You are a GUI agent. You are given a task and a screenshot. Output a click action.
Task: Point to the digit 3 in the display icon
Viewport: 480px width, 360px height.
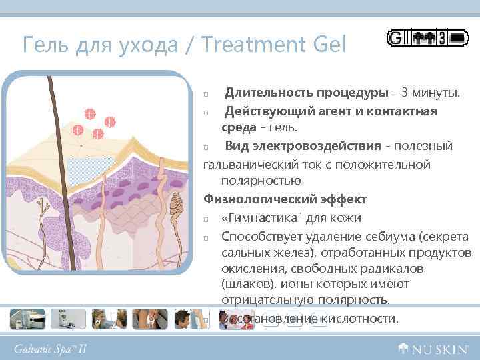click(x=442, y=39)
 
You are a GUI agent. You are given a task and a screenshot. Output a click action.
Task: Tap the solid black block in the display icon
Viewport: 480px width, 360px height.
click(x=459, y=39)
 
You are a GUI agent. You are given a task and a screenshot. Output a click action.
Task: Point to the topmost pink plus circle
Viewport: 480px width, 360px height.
click(x=89, y=112)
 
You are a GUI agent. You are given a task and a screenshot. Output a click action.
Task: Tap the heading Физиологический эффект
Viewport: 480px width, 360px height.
click(x=285, y=199)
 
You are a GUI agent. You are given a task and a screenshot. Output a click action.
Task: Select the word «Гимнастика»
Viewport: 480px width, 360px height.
click(x=259, y=217)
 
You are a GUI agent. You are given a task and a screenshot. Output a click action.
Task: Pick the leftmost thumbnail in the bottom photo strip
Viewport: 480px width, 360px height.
click(x=26, y=319)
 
